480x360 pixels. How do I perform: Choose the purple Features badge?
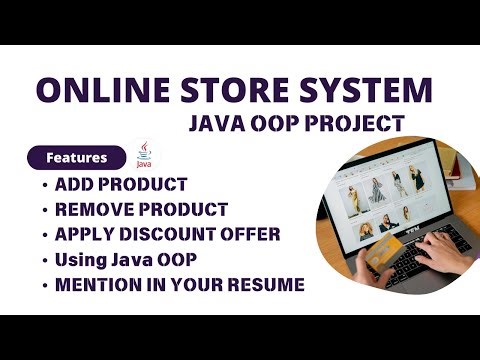[76, 158]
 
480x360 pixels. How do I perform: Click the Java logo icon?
[147, 156]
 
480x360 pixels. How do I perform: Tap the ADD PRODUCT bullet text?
[121, 185]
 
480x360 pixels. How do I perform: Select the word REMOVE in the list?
[95, 210]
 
